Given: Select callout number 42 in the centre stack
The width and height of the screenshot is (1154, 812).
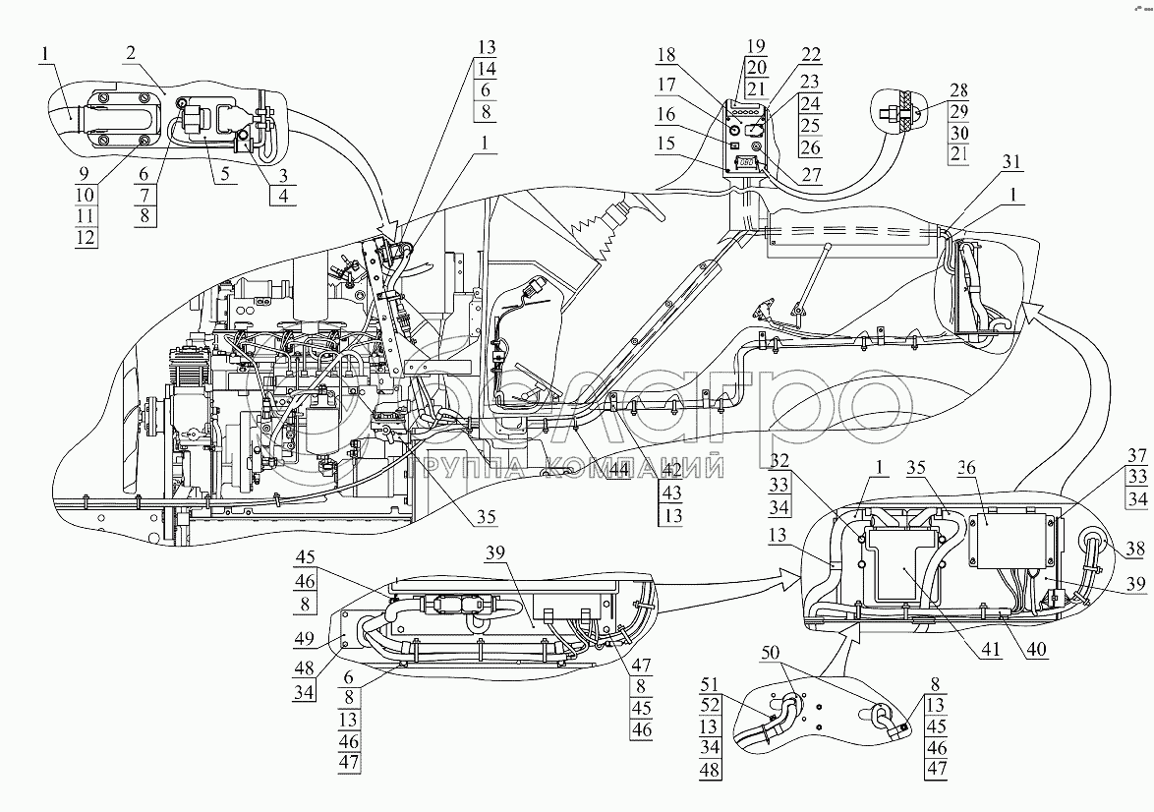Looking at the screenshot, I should [671, 470].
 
